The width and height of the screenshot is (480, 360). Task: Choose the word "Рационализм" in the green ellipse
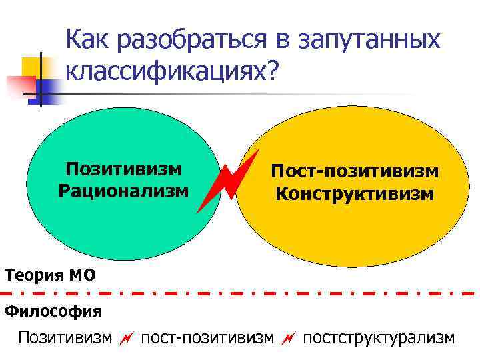[125, 191]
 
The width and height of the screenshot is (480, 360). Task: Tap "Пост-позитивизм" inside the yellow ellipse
[354, 172]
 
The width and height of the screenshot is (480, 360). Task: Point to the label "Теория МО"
[50, 274]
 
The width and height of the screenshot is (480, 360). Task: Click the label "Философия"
[53, 311]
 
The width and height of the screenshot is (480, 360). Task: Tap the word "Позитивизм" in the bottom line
[65, 338]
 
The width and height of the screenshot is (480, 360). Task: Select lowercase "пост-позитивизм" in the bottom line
[207, 338]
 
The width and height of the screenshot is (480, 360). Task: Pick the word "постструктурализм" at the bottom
[379, 338]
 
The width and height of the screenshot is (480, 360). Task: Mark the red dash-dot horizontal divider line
[240, 293]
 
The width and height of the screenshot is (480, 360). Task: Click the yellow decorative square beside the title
[32, 67]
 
